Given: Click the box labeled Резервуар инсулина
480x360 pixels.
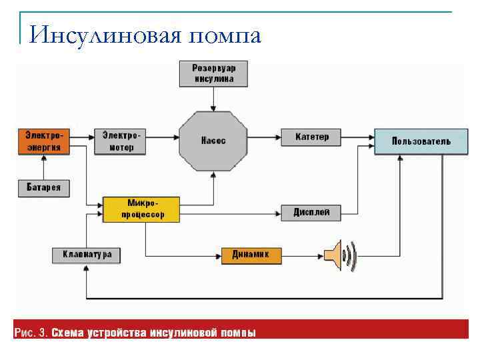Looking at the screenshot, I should click(x=213, y=73).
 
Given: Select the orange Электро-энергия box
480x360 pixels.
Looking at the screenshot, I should click(x=43, y=141).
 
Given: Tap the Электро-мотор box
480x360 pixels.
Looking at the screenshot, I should click(x=118, y=141).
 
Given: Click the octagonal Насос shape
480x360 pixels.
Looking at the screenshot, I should click(x=213, y=141).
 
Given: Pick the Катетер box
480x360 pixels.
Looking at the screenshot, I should click(x=312, y=137).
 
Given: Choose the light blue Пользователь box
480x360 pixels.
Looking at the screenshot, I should click(x=421, y=141).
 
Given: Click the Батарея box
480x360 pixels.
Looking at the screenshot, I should click(x=43, y=187).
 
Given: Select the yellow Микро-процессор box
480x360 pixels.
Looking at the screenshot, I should click(x=141, y=209).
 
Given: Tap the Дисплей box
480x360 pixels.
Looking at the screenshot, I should click(x=312, y=213).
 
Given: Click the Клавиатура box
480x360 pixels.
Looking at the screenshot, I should click(x=87, y=255).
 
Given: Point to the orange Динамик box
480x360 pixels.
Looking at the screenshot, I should click(x=251, y=255).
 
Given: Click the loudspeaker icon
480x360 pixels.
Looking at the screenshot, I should click(x=341, y=255).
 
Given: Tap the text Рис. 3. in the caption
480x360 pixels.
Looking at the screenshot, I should click(x=31, y=332).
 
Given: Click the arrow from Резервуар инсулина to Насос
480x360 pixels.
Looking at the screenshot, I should click(x=213, y=98).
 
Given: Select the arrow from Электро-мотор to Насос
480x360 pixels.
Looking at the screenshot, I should click(x=162, y=137).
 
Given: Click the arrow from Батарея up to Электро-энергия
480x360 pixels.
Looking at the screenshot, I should click(x=43, y=167).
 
